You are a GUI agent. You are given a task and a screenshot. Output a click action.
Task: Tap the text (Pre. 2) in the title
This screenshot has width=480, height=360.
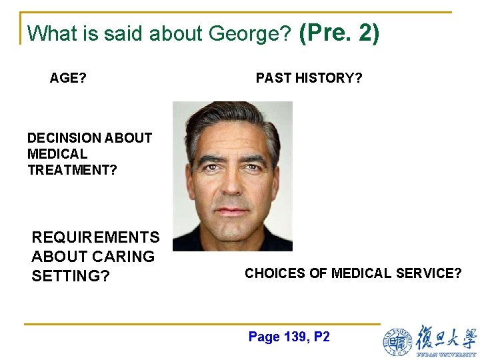click(x=339, y=31)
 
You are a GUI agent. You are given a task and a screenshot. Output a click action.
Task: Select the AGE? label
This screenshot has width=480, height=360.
click(x=68, y=78)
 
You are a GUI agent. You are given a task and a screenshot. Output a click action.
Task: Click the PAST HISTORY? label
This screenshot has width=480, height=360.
click(x=309, y=78)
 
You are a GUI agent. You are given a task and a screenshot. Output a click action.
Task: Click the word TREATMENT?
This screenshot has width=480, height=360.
click(x=72, y=170)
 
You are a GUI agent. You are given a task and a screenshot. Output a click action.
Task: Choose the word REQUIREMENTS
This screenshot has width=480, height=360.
click(x=95, y=237)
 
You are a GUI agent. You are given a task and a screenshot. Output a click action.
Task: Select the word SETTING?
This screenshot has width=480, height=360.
click(x=70, y=276)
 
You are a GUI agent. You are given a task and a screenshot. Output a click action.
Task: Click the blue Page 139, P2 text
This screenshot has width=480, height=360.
click(x=289, y=337)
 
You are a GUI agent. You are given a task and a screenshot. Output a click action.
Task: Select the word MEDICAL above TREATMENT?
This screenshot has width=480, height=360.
click(x=57, y=154)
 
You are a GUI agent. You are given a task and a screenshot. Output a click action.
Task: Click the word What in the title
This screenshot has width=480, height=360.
click(x=45, y=33)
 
